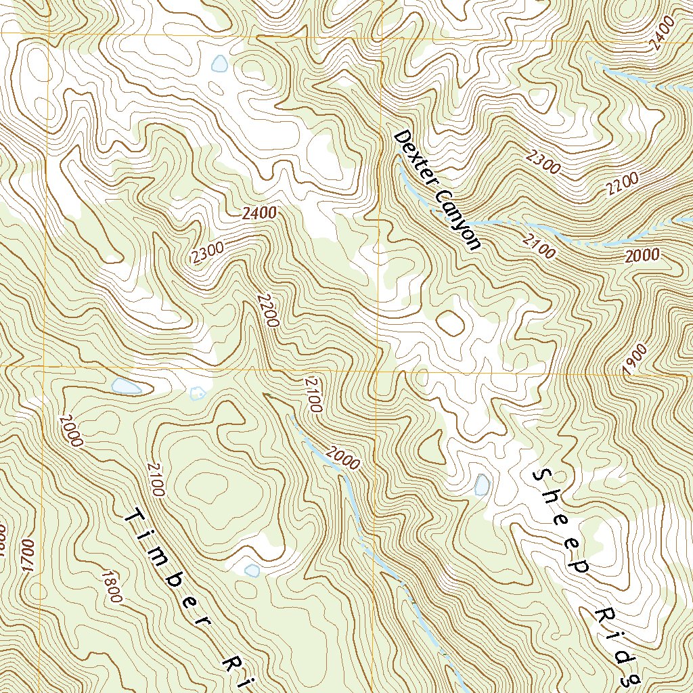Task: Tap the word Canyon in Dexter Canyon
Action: click(x=457, y=219)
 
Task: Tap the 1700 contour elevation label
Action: click(x=27, y=555)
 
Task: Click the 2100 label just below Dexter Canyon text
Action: click(x=539, y=246)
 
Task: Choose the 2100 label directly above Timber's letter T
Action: click(x=155, y=478)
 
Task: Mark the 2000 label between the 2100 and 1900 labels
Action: click(x=642, y=255)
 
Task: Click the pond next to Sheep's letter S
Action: click(x=482, y=485)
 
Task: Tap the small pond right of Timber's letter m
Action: click(x=252, y=571)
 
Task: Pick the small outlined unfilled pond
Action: click(x=197, y=393)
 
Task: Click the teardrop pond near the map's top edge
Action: click(x=219, y=64)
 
